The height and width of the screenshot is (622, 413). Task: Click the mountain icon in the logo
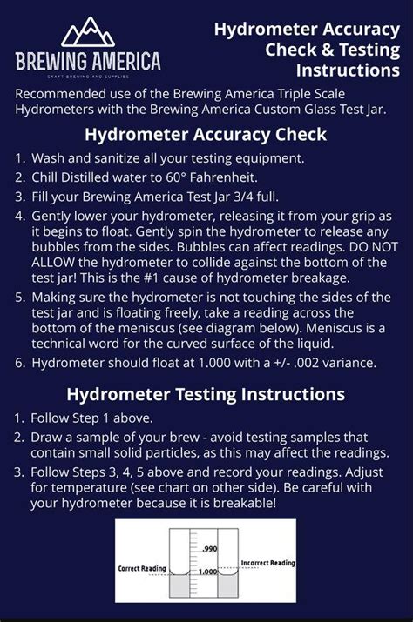coord(87,33)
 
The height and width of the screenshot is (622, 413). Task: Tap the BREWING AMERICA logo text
coord(87,61)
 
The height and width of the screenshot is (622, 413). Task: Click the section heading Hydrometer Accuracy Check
coord(206,134)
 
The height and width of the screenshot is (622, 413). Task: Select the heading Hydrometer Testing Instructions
coord(206,393)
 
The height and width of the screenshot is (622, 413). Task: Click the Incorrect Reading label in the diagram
coord(267,563)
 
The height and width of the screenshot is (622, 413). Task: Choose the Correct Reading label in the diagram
coord(141,568)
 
